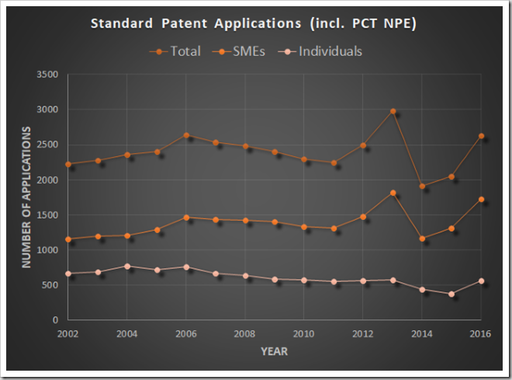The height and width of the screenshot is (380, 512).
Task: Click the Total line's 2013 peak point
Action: [x=393, y=111]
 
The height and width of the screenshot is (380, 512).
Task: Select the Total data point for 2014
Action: [x=422, y=186]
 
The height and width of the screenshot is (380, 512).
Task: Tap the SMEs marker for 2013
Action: [x=393, y=193]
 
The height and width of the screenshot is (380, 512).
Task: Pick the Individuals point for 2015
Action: [x=451, y=294]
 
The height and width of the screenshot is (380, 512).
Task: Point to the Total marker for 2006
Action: [x=186, y=135]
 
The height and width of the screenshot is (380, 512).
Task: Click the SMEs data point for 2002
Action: [x=68, y=239]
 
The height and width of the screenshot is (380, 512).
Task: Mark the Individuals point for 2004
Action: [x=127, y=266]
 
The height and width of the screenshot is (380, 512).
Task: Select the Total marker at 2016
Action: [x=481, y=136]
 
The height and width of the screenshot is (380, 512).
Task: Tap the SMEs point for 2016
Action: [x=481, y=200]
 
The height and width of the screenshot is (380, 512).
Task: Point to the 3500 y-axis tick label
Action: [x=48, y=75]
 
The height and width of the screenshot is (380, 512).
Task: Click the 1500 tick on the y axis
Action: [x=48, y=215]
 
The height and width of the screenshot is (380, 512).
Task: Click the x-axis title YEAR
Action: [x=275, y=351]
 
